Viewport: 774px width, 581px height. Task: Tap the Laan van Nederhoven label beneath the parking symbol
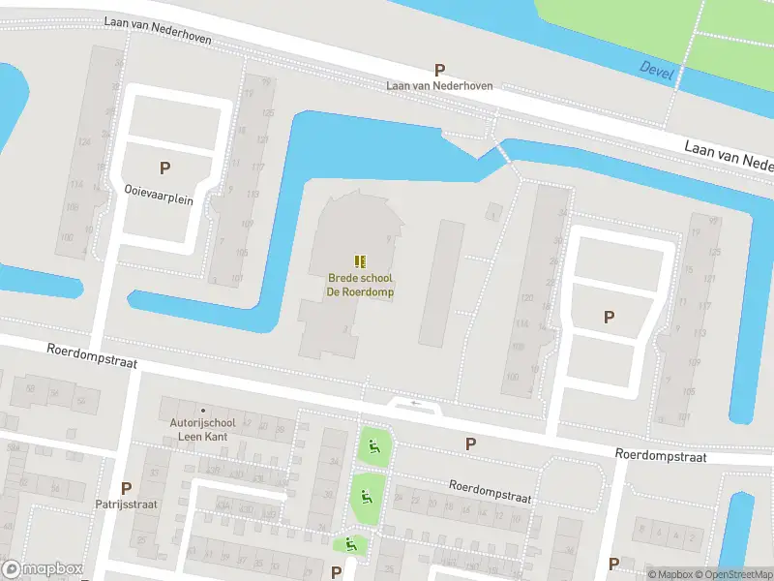[439, 85]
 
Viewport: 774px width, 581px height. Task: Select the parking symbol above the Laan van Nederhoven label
[439, 70]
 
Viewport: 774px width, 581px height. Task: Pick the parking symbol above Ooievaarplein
[164, 168]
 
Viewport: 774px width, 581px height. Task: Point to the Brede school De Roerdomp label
[359, 285]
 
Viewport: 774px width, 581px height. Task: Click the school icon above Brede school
[359, 260]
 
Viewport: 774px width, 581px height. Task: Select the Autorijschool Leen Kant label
[202, 429]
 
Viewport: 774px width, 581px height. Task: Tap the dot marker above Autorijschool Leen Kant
[202, 411]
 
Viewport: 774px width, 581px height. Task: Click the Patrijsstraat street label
[126, 504]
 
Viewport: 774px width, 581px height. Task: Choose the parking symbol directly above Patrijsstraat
[126, 488]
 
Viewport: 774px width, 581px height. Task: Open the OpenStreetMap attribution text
[734, 574]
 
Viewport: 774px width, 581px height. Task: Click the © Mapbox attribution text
[670, 574]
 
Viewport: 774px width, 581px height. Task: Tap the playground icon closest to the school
[373, 447]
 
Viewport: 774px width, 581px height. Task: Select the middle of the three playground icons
[366, 498]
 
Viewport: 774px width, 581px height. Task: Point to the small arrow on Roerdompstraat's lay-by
[416, 403]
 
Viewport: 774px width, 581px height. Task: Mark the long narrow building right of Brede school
[441, 282]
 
